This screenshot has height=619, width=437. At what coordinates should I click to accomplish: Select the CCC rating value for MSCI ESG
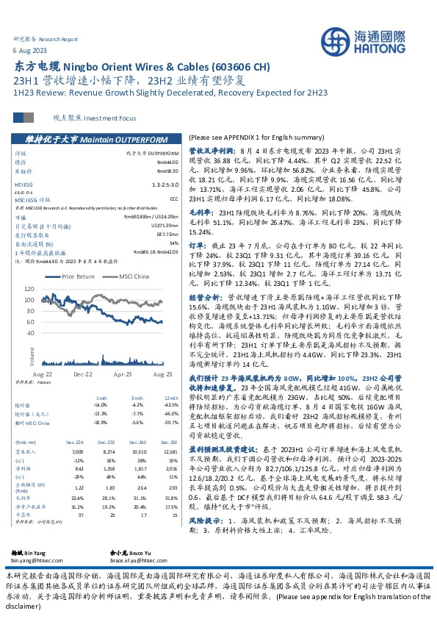(173, 198)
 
